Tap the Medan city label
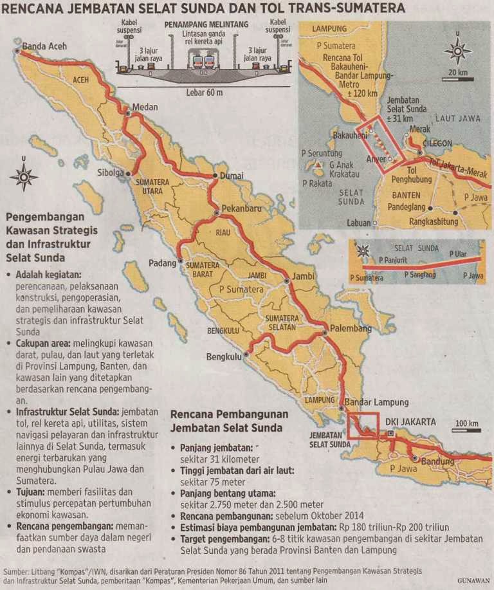[x=145, y=107]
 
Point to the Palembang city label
[x=351, y=328]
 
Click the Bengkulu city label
[x=223, y=356]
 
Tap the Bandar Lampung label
[x=376, y=402]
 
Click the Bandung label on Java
[x=438, y=462]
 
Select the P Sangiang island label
[x=423, y=273]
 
